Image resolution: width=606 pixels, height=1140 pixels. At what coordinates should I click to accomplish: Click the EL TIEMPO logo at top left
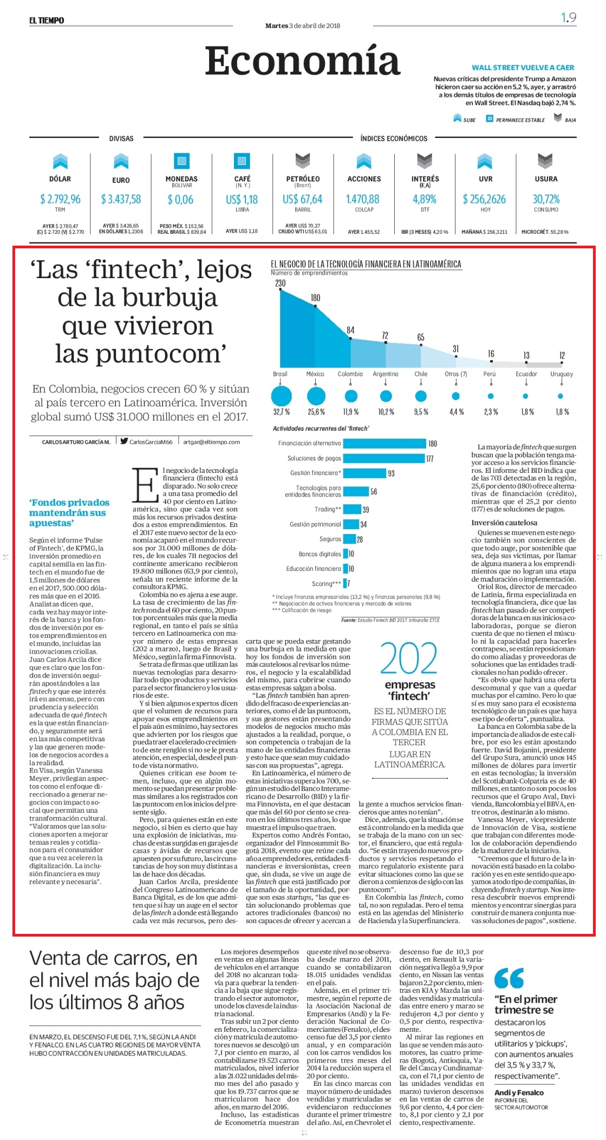[x=47, y=21]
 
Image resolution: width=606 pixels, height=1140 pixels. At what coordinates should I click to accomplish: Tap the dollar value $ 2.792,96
[x=60, y=199]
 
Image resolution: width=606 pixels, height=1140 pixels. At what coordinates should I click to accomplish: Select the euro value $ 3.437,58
[x=121, y=199]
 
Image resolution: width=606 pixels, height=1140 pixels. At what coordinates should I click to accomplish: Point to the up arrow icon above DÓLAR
[x=60, y=161]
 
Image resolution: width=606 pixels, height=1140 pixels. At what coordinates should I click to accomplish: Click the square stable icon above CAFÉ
[x=242, y=161]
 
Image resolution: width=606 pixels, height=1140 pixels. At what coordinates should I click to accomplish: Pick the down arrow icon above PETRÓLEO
[x=303, y=161]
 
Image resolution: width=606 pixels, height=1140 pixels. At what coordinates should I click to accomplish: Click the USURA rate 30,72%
[x=546, y=199]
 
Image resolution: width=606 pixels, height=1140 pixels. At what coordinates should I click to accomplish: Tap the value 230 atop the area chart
[x=280, y=283]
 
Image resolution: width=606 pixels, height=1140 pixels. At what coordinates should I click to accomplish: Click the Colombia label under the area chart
[x=350, y=374]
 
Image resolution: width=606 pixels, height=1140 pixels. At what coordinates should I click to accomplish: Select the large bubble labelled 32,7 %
[x=281, y=396]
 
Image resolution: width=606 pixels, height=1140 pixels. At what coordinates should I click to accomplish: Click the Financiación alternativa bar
[x=385, y=444]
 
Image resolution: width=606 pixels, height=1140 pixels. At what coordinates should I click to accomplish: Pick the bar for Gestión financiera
[x=364, y=473]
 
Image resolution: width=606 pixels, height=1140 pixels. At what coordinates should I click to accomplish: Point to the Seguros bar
[x=349, y=539]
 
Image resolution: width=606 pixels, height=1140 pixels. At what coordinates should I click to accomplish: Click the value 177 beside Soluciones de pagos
[x=430, y=459]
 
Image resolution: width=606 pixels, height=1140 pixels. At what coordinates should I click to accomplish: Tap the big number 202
[x=409, y=658]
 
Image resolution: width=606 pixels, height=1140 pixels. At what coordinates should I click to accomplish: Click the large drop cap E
[x=145, y=485]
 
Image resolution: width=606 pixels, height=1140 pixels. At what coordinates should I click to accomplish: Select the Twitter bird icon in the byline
[x=124, y=441]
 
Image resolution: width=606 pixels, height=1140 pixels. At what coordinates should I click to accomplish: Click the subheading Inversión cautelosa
[x=504, y=523]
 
